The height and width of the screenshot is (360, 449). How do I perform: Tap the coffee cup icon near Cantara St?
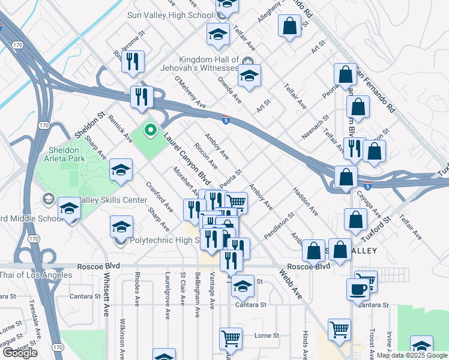click(x=358, y=289)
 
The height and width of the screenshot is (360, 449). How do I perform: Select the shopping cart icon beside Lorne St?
click(x=231, y=338)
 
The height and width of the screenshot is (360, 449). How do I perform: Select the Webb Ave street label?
click(x=290, y=284)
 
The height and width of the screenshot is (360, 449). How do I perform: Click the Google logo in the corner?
click(x=20, y=353)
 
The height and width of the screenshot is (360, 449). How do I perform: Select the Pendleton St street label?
click(x=280, y=224)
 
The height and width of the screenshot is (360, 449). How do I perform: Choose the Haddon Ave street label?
click(x=306, y=202)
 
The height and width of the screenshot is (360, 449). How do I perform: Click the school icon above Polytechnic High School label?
click(x=121, y=227)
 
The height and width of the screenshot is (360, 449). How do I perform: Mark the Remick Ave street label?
click(x=120, y=128)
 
